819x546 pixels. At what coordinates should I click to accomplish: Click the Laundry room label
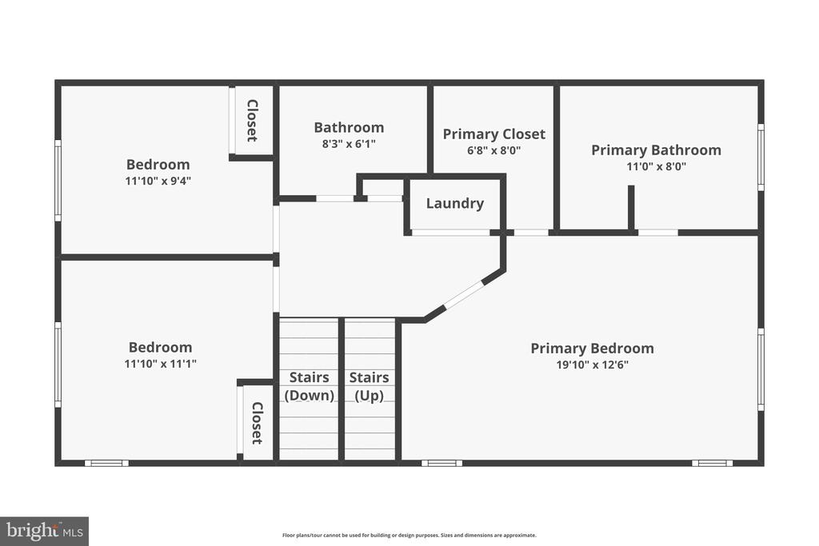[x=455, y=204]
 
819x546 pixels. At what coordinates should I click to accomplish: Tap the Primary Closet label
[x=494, y=134]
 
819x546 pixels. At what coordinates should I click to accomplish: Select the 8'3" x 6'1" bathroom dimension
[x=349, y=144]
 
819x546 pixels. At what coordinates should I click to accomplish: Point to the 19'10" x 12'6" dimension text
[x=593, y=365]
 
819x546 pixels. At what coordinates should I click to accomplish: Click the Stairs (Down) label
[x=310, y=386]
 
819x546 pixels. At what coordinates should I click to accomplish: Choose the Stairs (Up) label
[x=370, y=386]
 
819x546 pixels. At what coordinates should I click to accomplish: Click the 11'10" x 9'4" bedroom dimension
[x=158, y=181]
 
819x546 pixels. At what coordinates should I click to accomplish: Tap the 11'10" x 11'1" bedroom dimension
[x=160, y=363]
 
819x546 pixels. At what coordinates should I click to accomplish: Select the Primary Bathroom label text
[x=656, y=150]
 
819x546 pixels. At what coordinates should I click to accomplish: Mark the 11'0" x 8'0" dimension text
[x=657, y=166]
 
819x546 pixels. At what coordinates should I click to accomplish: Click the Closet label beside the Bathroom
[x=252, y=121]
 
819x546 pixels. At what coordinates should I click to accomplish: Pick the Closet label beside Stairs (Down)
[x=258, y=423]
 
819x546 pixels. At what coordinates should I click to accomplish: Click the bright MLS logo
[x=45, y=532]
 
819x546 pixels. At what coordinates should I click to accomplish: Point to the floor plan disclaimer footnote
[x=409, y=535]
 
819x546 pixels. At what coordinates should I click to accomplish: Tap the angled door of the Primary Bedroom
[x=463, y=294]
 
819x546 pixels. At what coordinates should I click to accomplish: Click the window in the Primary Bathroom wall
[x=761, y=157]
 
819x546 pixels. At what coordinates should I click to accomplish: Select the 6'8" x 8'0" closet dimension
[x=494, y=151]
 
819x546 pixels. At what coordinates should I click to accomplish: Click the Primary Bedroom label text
[x=593, y=349]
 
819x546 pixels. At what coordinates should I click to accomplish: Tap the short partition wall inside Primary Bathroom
[x=631, y=207]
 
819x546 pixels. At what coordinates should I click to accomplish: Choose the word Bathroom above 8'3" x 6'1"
[x=349, y=127]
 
